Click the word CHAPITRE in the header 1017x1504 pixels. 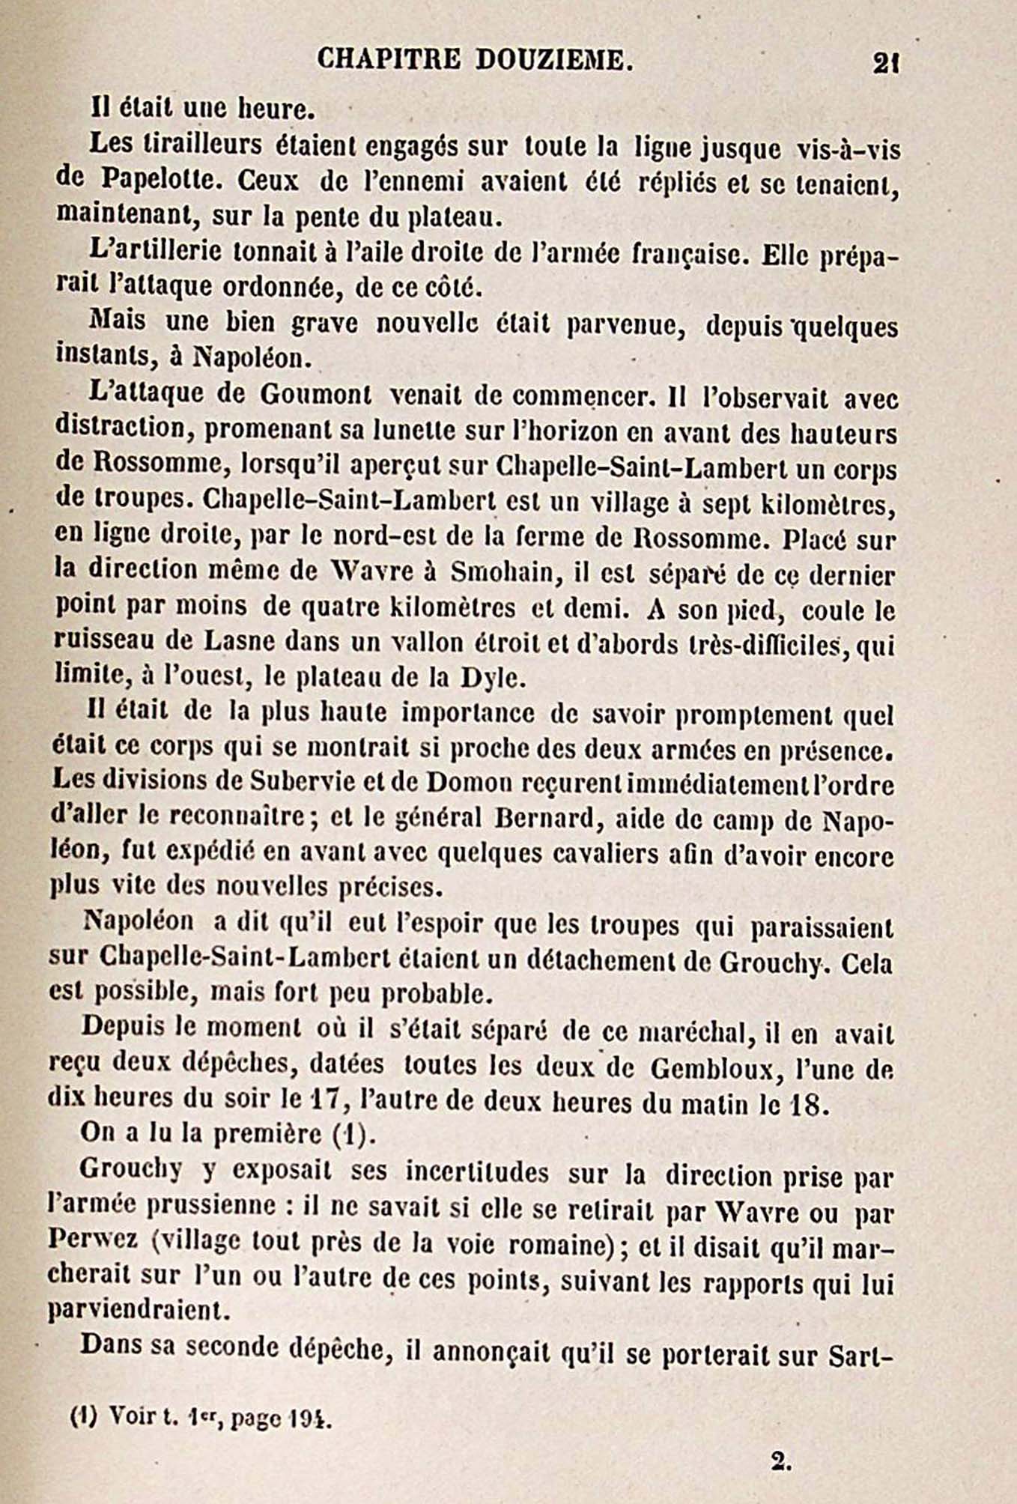click(389, 58)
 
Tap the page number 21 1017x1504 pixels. click(885, 63)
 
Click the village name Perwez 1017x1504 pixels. click(92, 1240)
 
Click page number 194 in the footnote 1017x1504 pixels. click(309, 1418)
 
